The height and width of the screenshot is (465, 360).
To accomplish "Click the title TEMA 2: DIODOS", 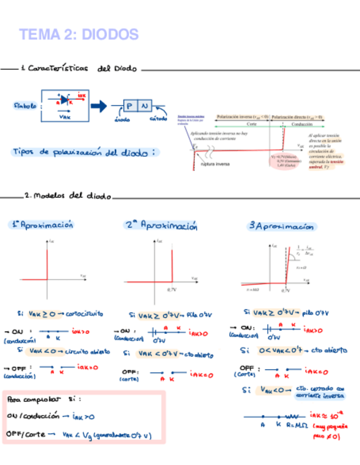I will point(78,35).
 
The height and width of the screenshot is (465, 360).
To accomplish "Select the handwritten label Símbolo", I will point(25,105).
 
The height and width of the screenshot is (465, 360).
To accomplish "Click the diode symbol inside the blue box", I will point(65,100).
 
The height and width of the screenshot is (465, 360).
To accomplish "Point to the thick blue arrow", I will point(99,106).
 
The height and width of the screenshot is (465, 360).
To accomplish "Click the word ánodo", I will point(122,119).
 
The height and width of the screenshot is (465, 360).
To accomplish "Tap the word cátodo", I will point(158,119).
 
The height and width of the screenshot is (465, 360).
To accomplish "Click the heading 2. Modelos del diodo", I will point(68,196).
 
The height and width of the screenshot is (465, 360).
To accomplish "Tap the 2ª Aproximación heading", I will point(161,225).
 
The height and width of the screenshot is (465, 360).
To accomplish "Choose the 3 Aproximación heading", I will point(282,226).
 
